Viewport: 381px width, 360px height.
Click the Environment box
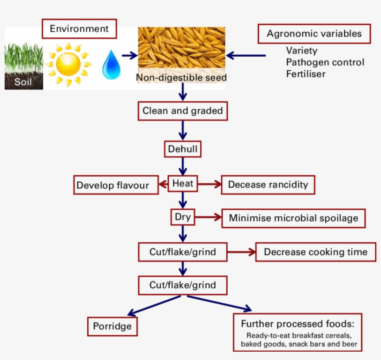point(79,29)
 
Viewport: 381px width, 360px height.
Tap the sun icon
point(70,63)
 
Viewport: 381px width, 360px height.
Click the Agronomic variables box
point(314,34)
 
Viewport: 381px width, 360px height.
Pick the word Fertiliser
point(306,74)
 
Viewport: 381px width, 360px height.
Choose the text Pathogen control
point(325,62)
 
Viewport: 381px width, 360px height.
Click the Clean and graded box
point(183,111)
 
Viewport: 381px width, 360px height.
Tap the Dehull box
point(183,149)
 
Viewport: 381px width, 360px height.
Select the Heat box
point(183,184)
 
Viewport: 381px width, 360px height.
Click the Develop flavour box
point(113,185)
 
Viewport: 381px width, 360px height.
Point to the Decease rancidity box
point(268,185)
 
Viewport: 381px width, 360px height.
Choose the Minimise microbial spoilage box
point(293,218)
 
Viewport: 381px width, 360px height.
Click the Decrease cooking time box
point(315,252)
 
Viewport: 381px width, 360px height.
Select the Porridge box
point(112,326)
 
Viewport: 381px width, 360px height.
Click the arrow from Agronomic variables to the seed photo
point(246,55)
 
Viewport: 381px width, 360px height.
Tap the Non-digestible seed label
point(181,78)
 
